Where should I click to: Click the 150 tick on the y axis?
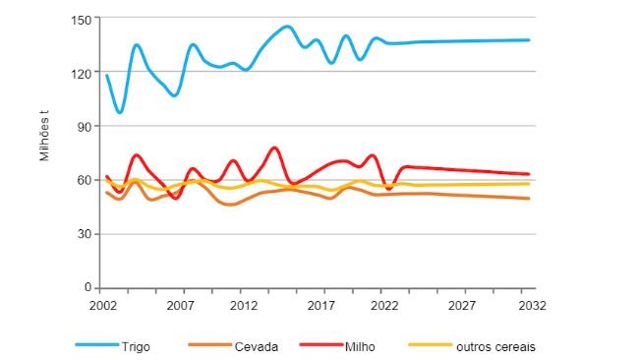(80, 19)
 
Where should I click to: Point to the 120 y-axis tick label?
(80, 73)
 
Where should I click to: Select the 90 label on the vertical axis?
(83, 127)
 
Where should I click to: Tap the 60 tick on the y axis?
(83, 180)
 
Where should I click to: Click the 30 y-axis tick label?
(83, 234)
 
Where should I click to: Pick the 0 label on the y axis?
(87, 288)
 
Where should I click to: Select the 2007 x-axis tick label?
(179, 305)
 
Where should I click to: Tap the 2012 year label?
(243, 305)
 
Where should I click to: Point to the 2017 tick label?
(323, 305)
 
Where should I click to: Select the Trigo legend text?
(137, 346)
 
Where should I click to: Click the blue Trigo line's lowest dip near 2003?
(119, 112)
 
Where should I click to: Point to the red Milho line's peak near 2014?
(274, 148)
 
